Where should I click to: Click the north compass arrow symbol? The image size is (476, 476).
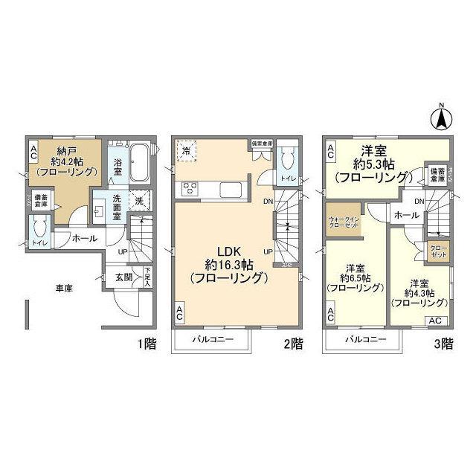coord(440,117)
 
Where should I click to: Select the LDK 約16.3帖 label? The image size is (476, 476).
coord(228,263)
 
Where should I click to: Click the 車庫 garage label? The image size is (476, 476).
coord(62,289)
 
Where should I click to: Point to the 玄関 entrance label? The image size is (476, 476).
coord(123,277)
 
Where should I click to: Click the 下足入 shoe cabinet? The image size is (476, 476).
coord(148,277)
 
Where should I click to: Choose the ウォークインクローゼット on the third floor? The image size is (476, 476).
coord(344,222)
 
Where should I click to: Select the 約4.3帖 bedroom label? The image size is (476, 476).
coord(419,293)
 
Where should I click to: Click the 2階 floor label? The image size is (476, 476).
coord(292,344)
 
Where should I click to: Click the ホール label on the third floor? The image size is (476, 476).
coord(405,215)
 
